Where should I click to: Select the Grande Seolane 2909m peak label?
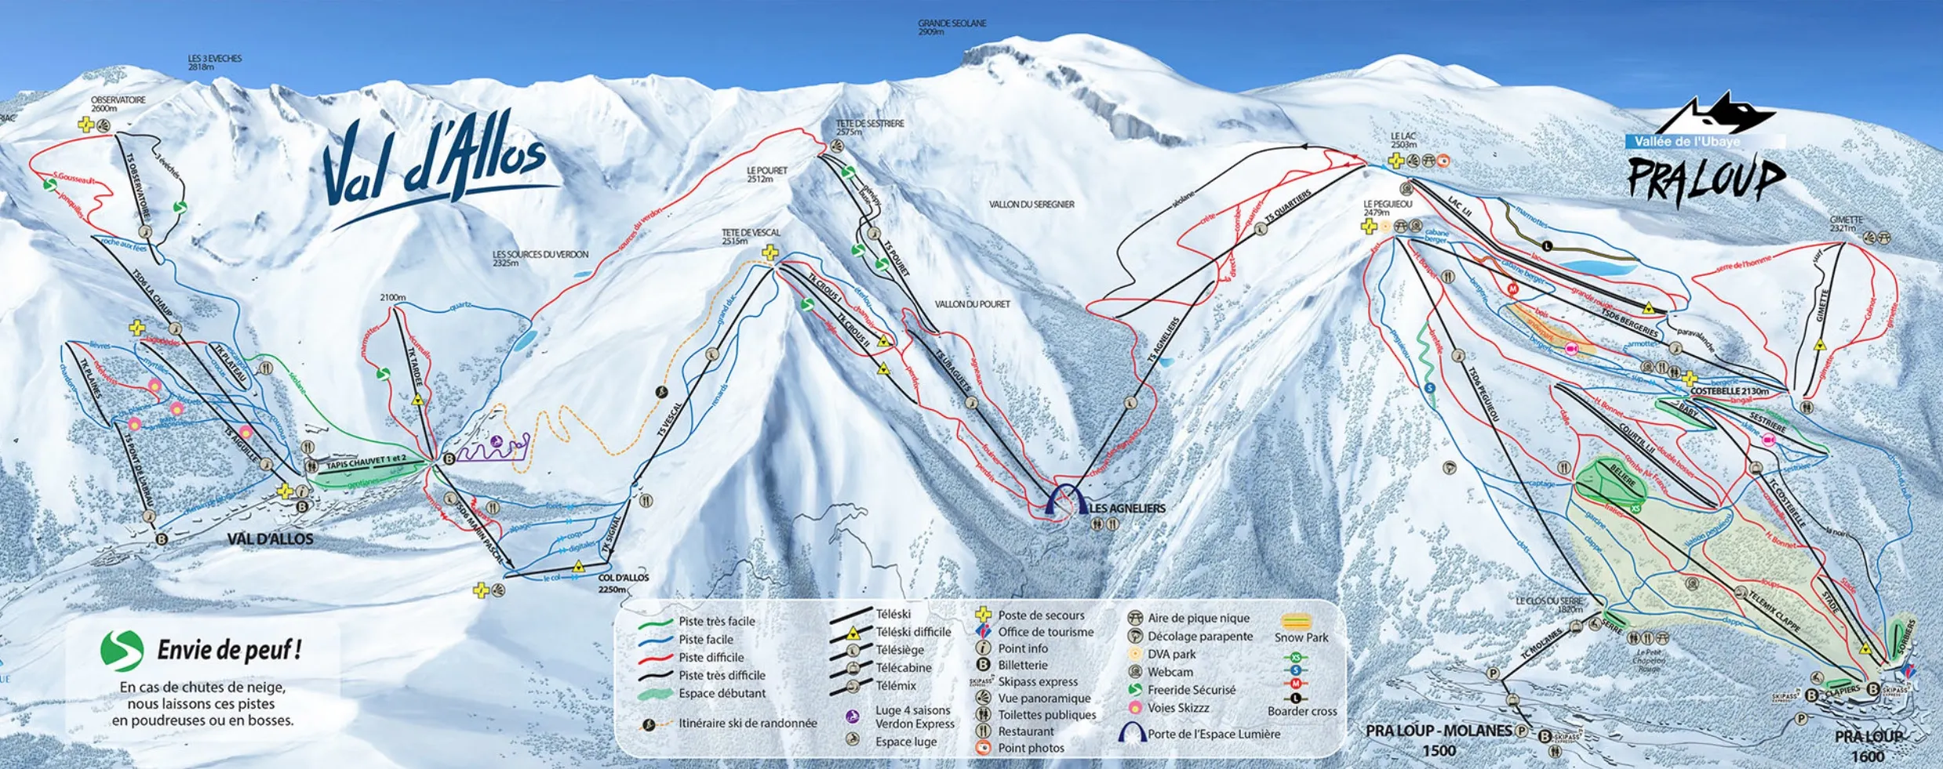(x=951, y=27)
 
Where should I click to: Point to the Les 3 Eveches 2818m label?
(x=214, y=63)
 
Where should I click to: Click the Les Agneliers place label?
(x=1127, y=508)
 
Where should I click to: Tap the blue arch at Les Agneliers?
(x=1067, y=499)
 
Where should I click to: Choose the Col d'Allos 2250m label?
(x=623, y=582)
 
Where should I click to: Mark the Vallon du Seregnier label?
(x=1031, y=205)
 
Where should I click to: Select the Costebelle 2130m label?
(x=1730, y=391)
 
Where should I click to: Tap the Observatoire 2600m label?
(x=118, y=104)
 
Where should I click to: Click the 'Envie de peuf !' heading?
(x=229, y=650)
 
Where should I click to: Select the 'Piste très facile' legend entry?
(x=716, y=622)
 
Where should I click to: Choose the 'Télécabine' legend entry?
(x=903, y=668)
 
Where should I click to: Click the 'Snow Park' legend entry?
(x=1301, y=637)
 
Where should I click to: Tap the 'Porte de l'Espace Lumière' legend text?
(x=1213, y=734)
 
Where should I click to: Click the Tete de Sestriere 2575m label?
(x=869, y=127)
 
